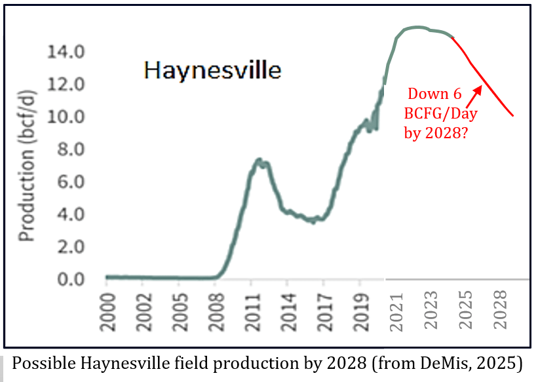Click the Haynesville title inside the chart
[212, 69]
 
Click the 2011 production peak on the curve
[259, 159]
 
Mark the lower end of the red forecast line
[513, 116]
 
